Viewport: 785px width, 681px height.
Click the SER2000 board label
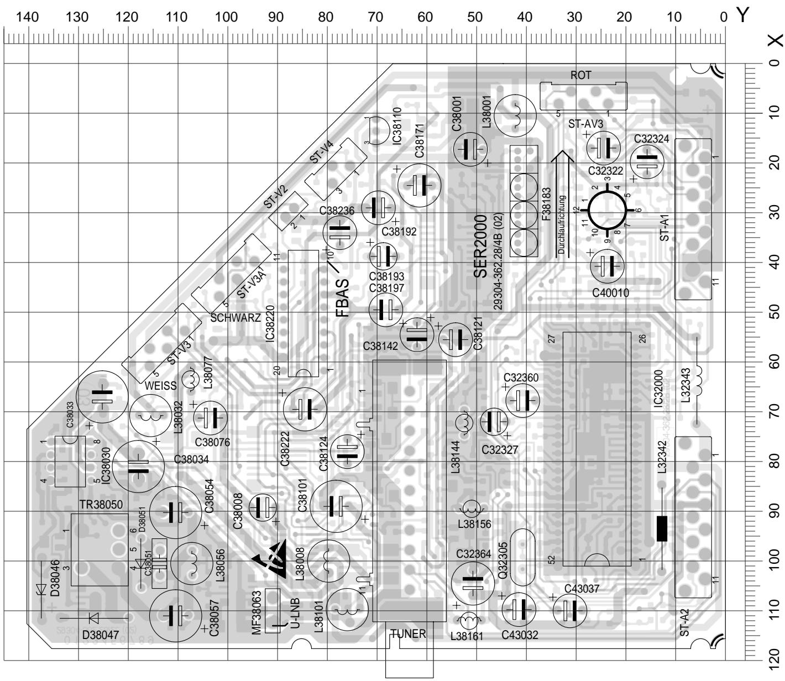480,247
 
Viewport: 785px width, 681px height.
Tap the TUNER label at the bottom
408,633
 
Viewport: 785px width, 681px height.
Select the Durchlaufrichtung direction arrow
562,205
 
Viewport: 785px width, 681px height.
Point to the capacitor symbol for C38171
420,185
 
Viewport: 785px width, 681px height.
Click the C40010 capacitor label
610,293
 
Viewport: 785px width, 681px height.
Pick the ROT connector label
580,76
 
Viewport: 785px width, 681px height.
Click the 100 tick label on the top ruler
226,17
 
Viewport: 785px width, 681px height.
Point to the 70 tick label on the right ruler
774,410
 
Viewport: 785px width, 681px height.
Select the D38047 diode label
101,635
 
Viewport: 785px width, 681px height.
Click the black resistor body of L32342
662,528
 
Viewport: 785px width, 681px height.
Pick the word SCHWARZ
236,318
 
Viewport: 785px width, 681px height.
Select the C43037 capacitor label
582,589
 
